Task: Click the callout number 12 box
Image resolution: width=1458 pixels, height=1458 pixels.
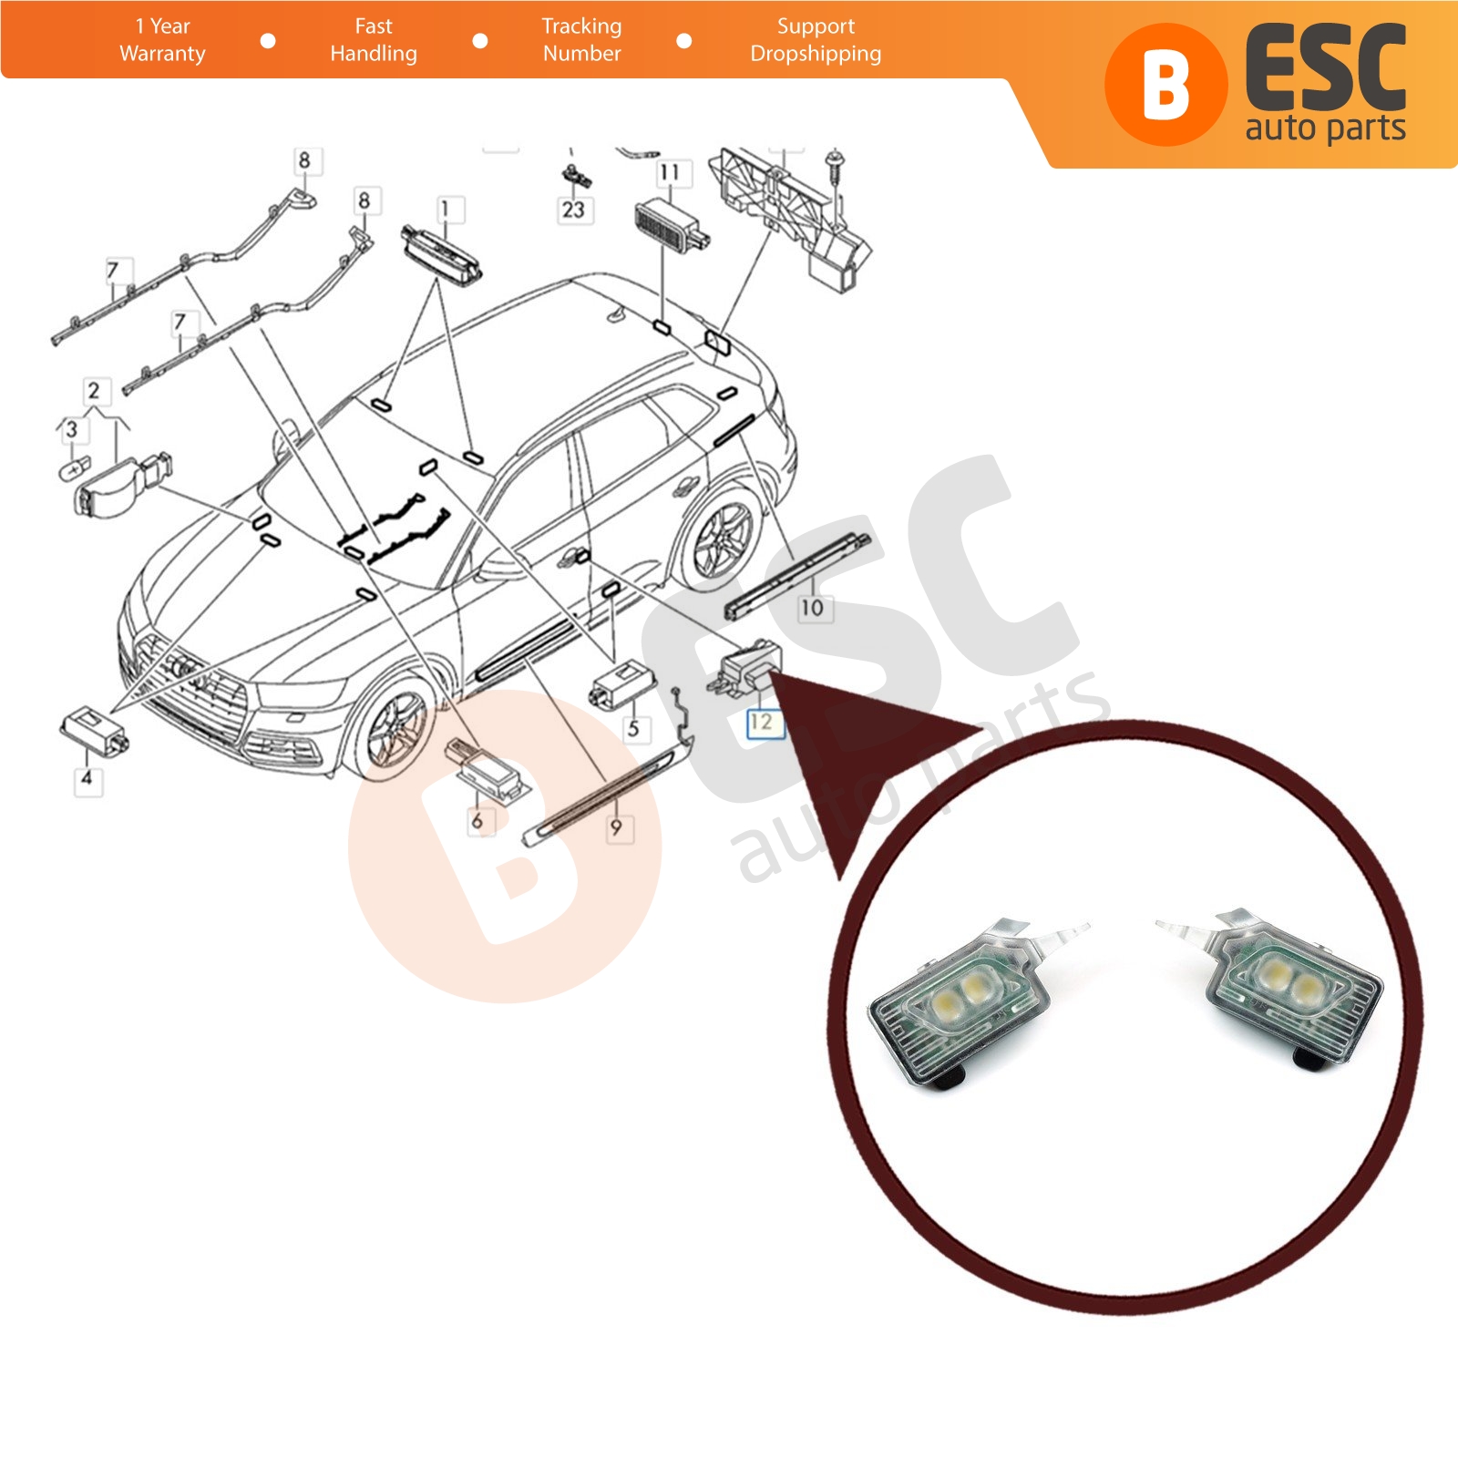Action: point(761,723)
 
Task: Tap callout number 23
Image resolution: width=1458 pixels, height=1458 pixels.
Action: point(572,210)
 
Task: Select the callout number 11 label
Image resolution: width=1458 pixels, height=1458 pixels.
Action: point(670,172)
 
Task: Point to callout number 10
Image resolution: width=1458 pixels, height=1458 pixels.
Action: point(811,607)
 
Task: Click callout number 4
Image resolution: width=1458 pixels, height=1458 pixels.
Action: point(87,779)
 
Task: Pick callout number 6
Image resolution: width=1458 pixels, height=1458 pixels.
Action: point(477,821)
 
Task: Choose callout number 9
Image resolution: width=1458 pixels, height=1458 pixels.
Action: point(617,827)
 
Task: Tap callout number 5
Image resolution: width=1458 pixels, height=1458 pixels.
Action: point(633,728)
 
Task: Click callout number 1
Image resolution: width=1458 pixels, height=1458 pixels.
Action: point(446,210)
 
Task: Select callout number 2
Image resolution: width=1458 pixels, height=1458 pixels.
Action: point(93,391)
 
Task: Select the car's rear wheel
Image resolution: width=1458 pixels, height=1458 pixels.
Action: point(723,539)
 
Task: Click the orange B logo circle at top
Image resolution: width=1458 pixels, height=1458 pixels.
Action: point(1165,85)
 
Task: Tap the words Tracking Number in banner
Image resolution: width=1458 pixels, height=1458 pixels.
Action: point(581,40)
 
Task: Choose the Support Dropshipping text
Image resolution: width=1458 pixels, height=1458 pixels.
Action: point(816,40)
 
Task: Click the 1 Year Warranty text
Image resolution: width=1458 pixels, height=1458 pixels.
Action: point(162,40)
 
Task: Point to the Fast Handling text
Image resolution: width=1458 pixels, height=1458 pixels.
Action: point(374,40)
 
